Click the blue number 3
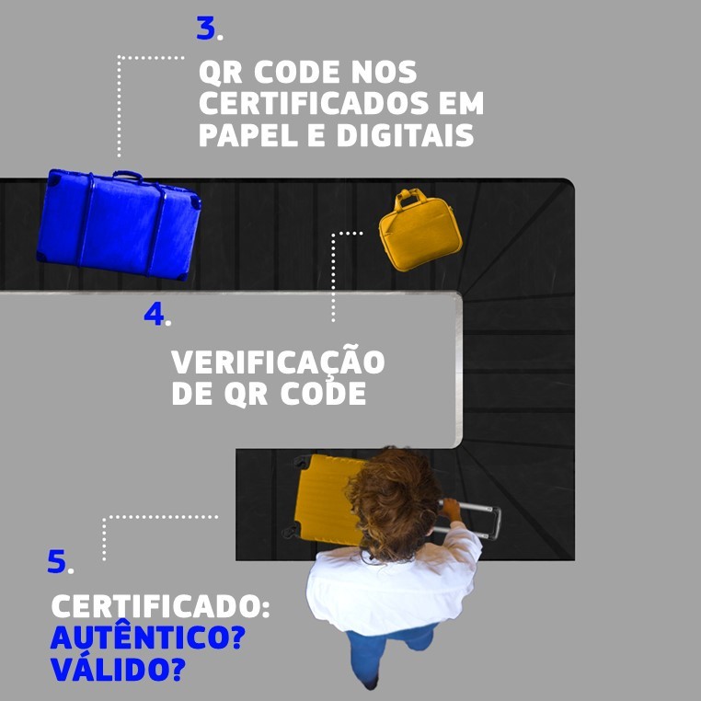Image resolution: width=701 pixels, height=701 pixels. pos(206,29)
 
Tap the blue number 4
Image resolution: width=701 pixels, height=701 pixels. pos(155,314)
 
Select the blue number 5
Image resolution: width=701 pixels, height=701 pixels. pos(57,561)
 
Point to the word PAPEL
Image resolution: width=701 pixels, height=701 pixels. pos(248,135)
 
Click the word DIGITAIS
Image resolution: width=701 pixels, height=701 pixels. pos(405,135)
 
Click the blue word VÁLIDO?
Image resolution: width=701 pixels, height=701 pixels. pos(118,669)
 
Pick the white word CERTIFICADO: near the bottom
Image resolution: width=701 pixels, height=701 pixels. pos(160,606)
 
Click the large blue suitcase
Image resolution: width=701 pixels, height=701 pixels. pos(119,224)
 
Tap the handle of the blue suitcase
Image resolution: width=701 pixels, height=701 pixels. pos(128,175)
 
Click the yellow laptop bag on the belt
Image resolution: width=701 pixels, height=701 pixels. pos(419,230)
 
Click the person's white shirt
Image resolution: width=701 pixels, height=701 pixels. pos(394,586)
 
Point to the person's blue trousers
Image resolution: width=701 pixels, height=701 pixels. pos(388,653)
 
